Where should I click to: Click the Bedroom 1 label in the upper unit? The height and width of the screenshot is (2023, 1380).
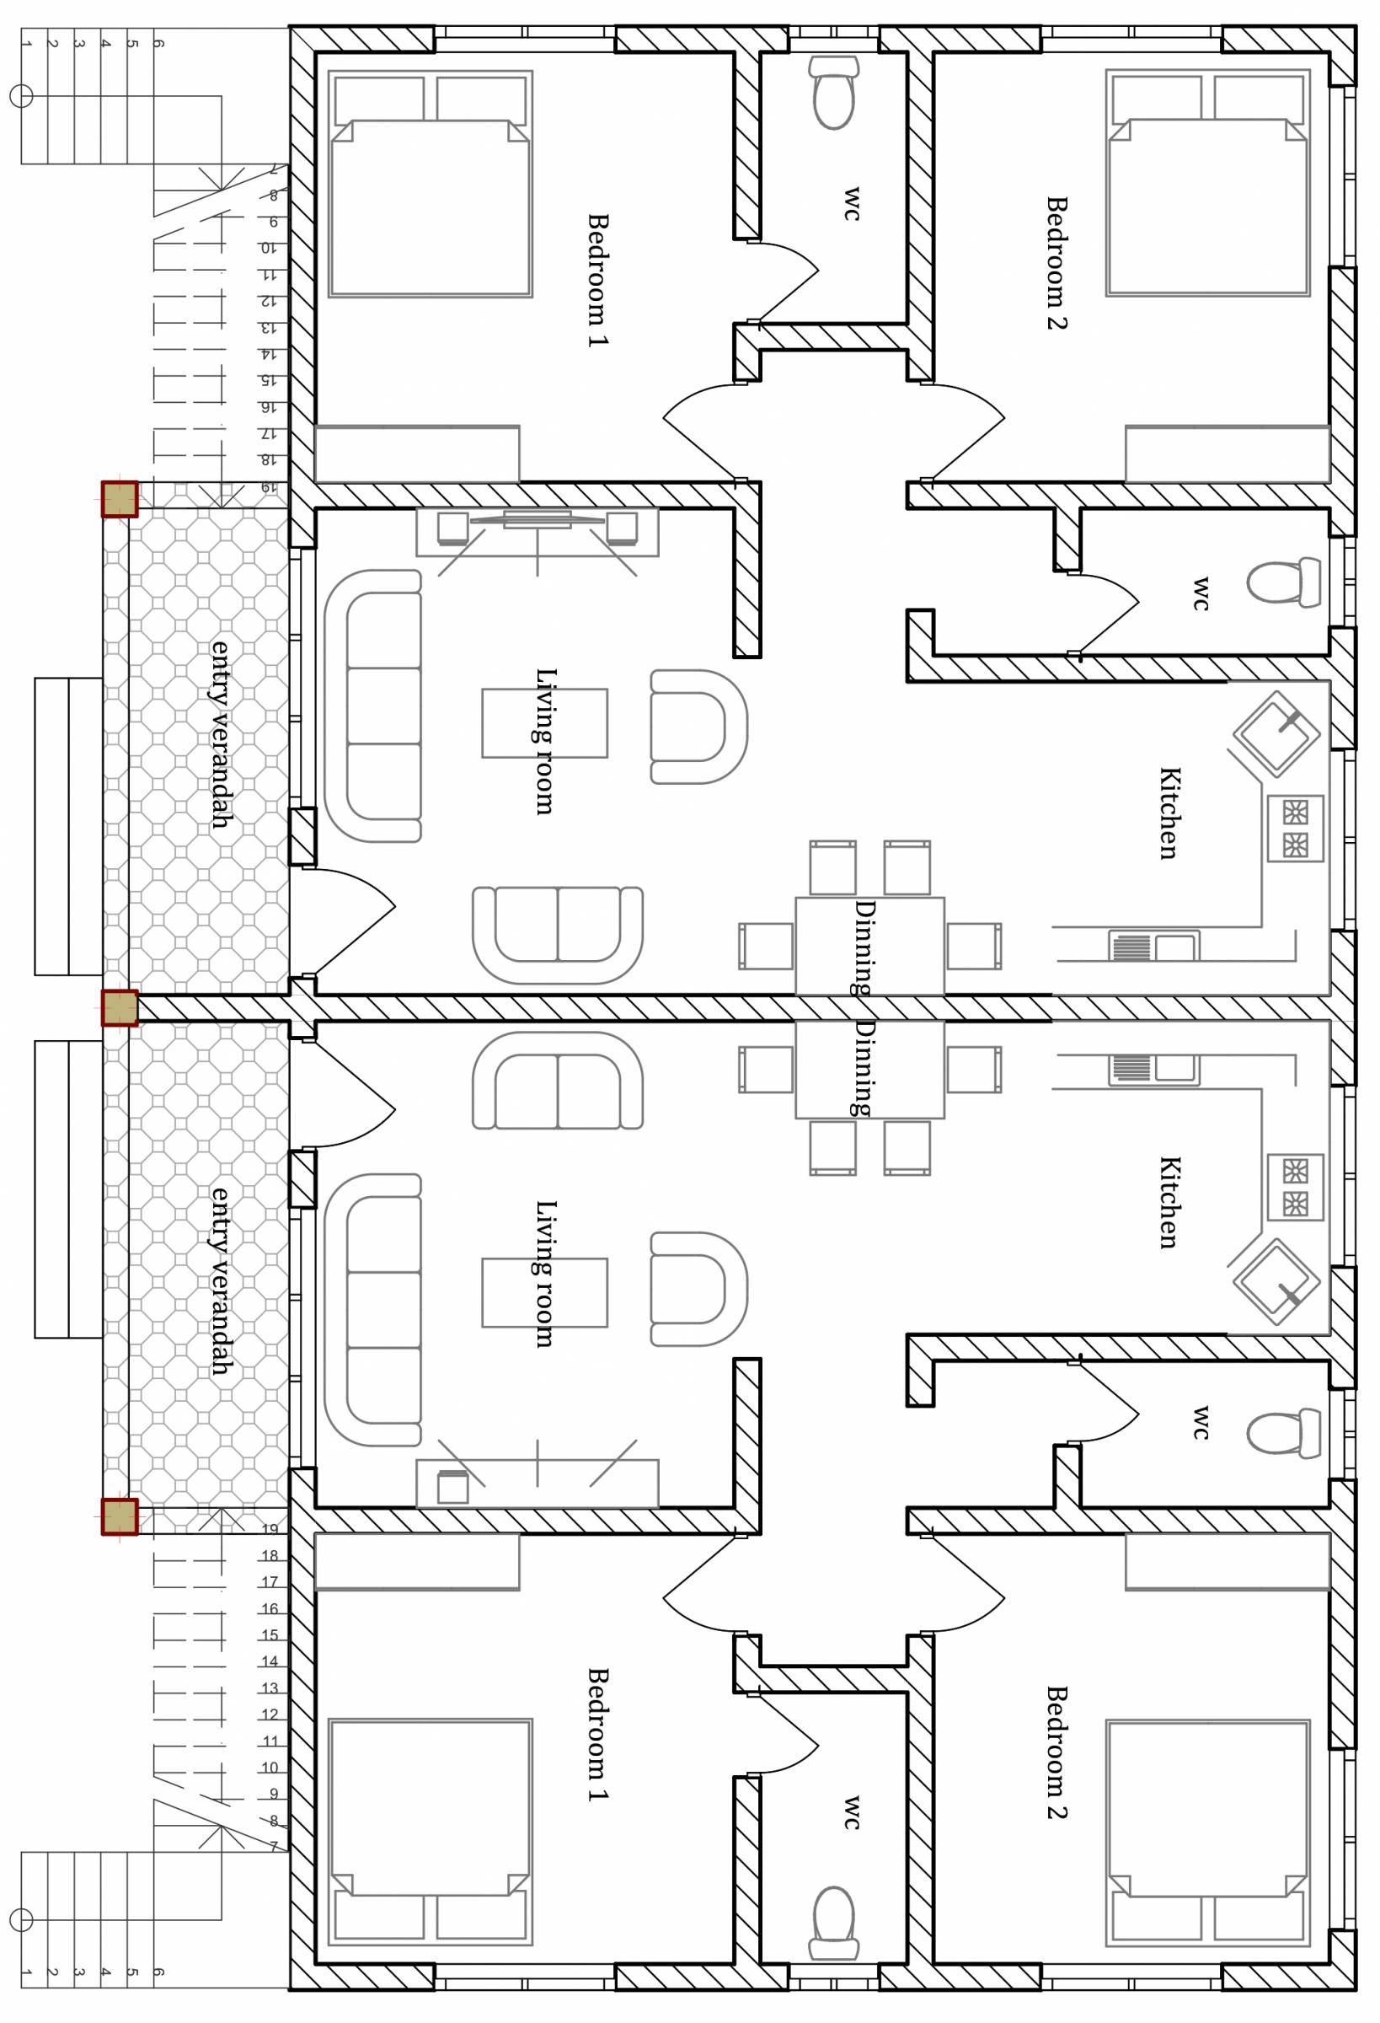598,281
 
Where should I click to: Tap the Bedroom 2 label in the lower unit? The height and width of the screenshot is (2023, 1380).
1056,1752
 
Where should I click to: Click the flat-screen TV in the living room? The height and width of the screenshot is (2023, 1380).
537,520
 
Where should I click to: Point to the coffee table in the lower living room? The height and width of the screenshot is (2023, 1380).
545,1292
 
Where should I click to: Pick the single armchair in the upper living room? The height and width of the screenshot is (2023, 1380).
698,727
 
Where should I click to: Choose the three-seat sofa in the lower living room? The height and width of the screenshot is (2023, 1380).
372,1310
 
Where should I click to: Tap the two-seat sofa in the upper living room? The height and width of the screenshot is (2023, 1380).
558,936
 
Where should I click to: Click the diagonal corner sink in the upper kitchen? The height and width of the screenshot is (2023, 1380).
1276,733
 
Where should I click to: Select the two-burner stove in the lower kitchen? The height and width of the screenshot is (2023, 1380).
1296,1187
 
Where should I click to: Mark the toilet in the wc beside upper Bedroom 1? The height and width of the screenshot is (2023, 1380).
833,92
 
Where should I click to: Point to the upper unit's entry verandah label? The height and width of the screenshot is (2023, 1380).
221,734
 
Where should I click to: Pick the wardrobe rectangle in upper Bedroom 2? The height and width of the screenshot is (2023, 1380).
1227,453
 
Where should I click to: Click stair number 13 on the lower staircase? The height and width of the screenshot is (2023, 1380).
270,1688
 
